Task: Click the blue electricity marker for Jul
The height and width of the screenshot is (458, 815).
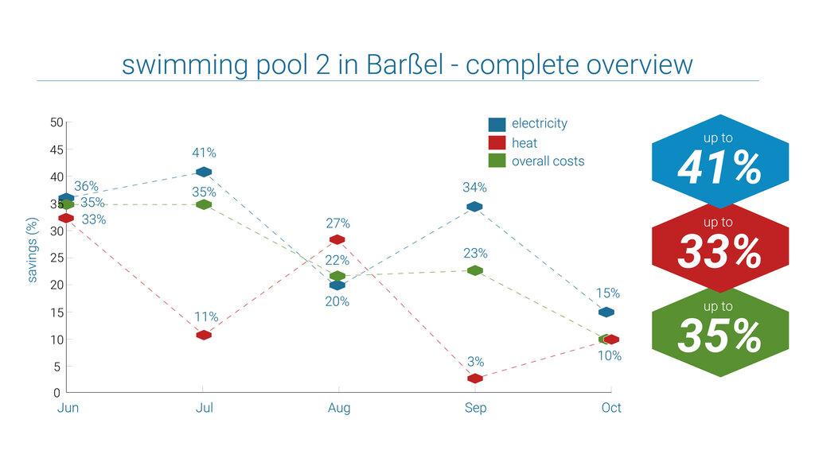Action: coord(204,172)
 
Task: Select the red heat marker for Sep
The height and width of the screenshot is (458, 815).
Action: coord(475,378)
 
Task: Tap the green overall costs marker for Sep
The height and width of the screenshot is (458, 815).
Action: coord(475,270)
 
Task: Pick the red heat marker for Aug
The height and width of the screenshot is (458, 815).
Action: coord(337,239)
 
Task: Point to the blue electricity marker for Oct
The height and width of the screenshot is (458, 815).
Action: coord(606,312)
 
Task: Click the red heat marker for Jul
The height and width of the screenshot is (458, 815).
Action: coord(204,335)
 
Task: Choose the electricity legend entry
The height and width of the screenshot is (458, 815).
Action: coord(539,123)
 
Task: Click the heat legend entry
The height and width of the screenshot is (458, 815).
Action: coord(524,143)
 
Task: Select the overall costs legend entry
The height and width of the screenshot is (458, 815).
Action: coord(547,161)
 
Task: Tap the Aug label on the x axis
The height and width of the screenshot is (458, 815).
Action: coord(339,408)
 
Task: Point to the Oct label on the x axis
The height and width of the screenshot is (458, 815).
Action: coord(611,408)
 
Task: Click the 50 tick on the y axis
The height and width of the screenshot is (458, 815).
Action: coord(56,122)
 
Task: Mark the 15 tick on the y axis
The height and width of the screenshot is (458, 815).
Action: coord(56,312)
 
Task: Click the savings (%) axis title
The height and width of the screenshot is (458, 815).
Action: coord(33,251)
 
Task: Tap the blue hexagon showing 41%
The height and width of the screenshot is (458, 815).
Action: coord(719,160)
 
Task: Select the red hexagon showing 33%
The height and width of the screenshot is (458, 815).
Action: coord(719,246)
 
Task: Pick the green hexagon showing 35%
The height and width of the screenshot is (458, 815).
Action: coord(719,330)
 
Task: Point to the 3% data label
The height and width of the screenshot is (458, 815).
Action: coord(475,363)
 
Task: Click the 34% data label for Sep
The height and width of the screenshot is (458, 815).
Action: coord(475,188)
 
